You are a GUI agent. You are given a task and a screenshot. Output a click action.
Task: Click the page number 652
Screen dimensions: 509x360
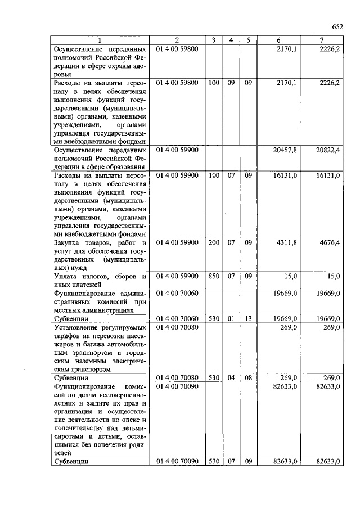(x=337, y=26)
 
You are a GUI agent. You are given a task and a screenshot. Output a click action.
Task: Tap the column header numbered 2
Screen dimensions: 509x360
(x=177, y=40)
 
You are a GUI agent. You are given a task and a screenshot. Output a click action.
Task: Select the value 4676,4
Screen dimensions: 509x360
(x=329, y=242)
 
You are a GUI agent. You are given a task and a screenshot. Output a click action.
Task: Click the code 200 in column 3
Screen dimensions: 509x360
(x=214, y=242)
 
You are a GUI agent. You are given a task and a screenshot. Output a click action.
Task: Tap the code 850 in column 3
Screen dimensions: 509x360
(x=214, y=276)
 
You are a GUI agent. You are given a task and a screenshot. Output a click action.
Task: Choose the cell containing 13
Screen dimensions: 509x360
(x=248, y=318)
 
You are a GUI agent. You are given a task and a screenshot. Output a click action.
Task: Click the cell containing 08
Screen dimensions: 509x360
(x=248, y=377)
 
